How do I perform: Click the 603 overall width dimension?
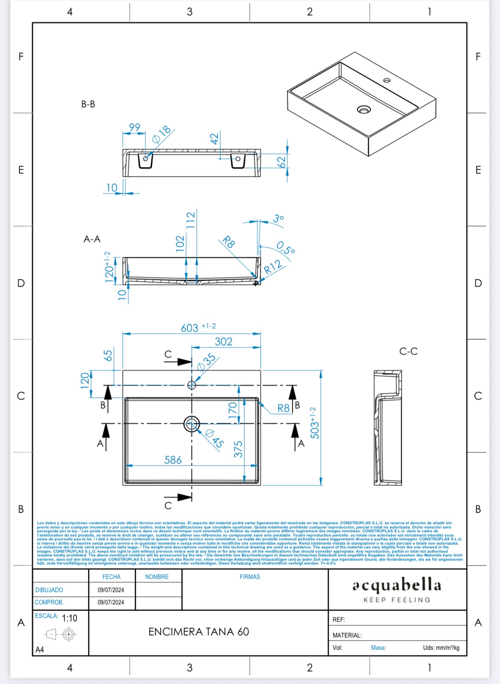coord(190,328)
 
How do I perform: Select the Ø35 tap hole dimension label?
coord(207,363)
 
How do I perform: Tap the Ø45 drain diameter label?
coord(215,438)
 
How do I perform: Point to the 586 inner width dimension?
coord(173,460)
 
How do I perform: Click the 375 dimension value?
coord(238,449)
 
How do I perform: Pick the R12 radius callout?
coord(273,267)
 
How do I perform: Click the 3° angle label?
coord(278,219)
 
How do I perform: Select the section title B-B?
coord(88,104)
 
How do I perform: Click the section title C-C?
coord(408,352)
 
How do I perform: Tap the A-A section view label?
coord(92,239)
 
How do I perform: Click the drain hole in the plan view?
coord(192,424)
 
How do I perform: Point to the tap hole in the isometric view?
coord(387,80)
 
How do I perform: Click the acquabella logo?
coord(397,585)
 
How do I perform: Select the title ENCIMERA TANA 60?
coord(198,632)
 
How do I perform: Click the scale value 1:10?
coord(70,618)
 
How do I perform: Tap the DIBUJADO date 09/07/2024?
coord(111,590)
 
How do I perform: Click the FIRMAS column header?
coord(249,577)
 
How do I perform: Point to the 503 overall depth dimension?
coord(315,423)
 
